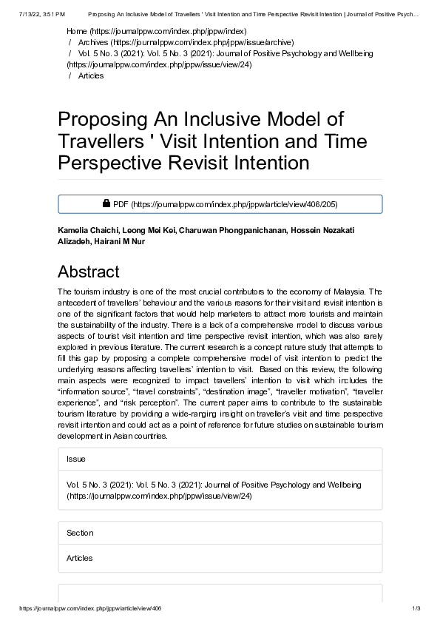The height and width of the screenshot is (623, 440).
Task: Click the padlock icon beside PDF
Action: [106, 203]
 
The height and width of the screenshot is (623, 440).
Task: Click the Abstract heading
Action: [88, 272]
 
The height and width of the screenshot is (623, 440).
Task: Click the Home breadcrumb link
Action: [76, 32]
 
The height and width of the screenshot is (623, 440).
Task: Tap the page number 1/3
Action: [416, 608]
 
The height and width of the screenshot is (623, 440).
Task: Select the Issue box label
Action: [76, 459]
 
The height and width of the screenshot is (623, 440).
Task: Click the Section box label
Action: [80, 533]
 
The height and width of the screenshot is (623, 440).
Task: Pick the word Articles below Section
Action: [80, 558]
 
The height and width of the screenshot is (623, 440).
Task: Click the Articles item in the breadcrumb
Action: [91, 76]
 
